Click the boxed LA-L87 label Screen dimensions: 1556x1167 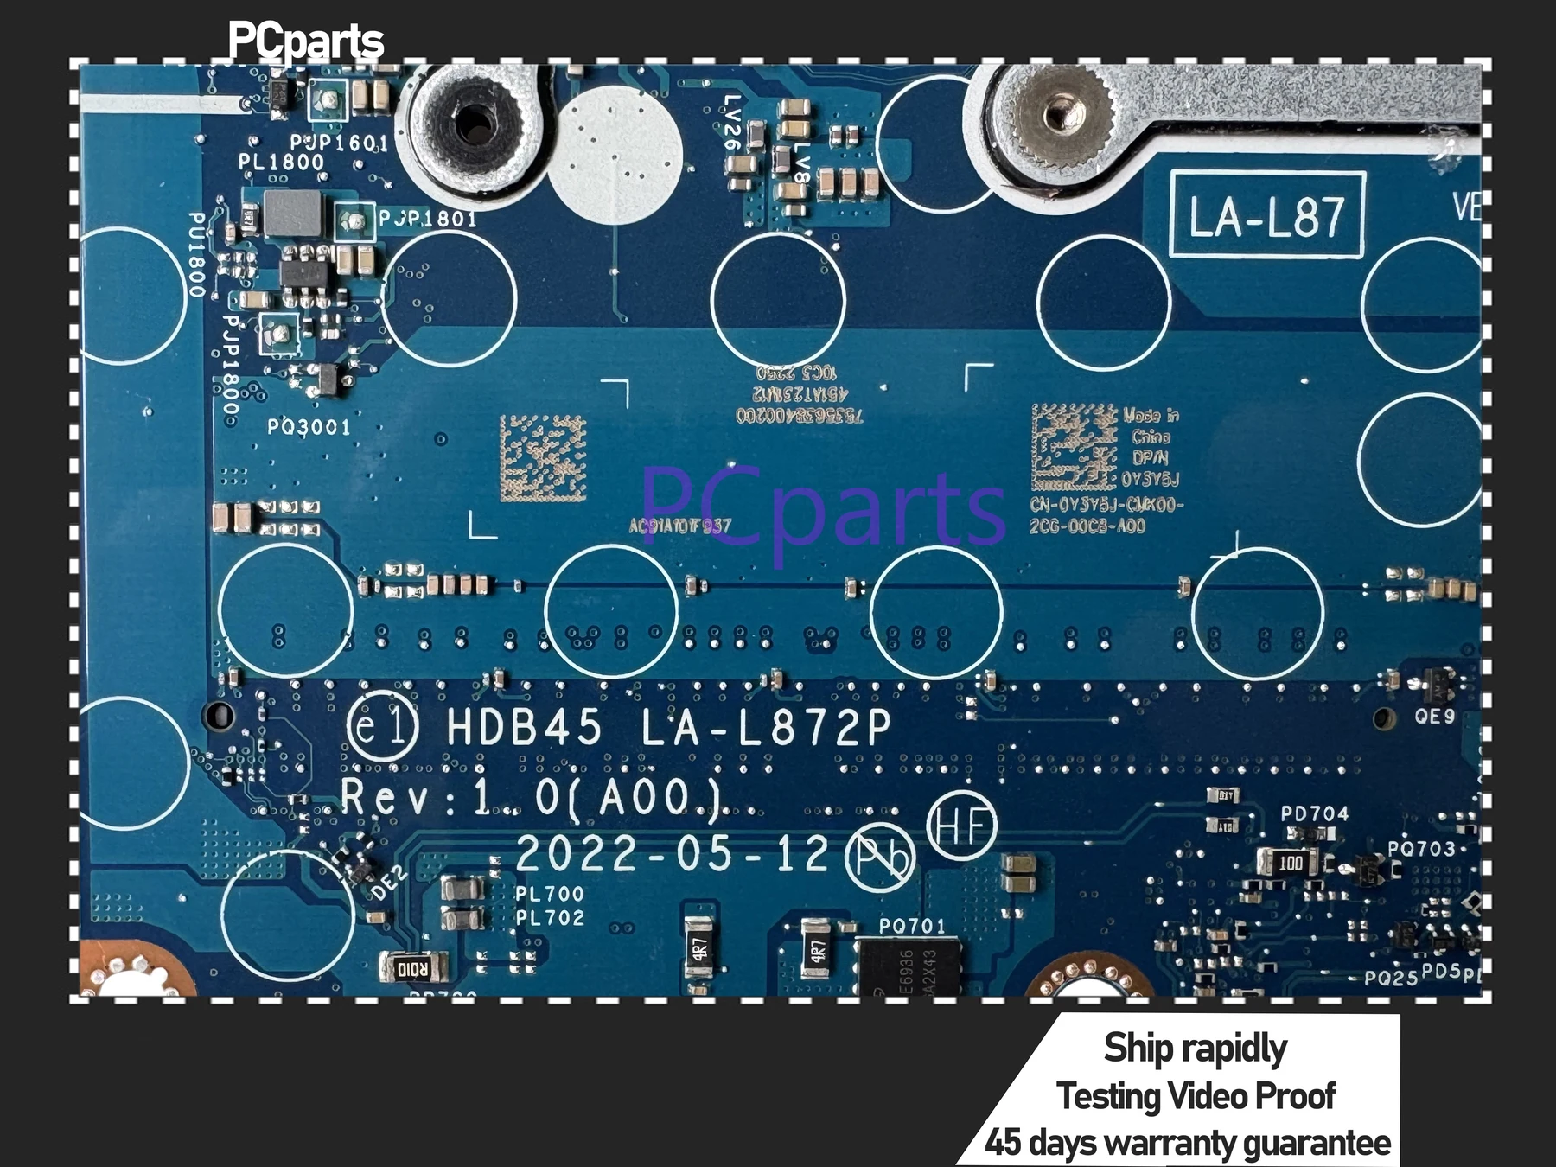click(x=1266, y=215)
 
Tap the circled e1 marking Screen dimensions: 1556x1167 click(x=382, y=727)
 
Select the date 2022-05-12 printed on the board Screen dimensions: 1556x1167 click(x=673, y=854)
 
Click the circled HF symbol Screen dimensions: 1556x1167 click(x=961, y=826)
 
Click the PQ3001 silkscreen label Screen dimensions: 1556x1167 click(x=309, y=427)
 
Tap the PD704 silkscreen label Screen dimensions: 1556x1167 click(x=1314, y=813)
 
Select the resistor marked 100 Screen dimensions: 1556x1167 click(x=1290, y=862)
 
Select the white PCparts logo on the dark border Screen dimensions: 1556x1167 click(x=305, y=41)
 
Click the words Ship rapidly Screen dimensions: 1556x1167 click(x=1195, y=1048)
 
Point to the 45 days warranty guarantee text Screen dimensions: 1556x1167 click(x=1188, y=1143)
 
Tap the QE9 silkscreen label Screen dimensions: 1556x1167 click(x=1434, y=716)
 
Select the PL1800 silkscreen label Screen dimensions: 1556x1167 click(x=281, y=162)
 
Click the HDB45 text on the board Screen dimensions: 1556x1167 click(x=524, y=727)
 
